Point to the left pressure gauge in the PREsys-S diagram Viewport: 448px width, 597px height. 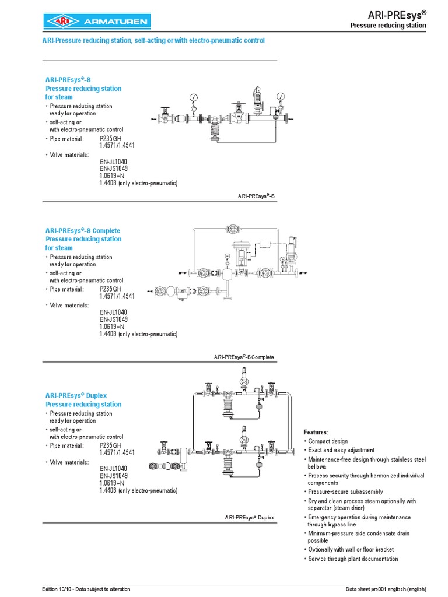pyautogui.click(x=193, y=97)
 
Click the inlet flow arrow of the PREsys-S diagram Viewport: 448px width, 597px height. pyautogui.click(x=154, y=120)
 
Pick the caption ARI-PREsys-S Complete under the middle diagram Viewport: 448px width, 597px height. pyautogui.click(x=244, y=357)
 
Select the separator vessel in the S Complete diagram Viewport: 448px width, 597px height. pyautogui.click(x=226, y=274)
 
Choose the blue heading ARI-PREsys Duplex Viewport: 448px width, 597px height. pyautogui.click(x=76, y=395)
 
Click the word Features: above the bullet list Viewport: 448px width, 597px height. pyautogui.click(x=316, y=432)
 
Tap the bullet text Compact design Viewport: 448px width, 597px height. pyautogui.click(x=328, y=441)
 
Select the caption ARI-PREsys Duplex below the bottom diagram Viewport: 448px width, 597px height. pyautogui.click(x=249, y=518)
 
